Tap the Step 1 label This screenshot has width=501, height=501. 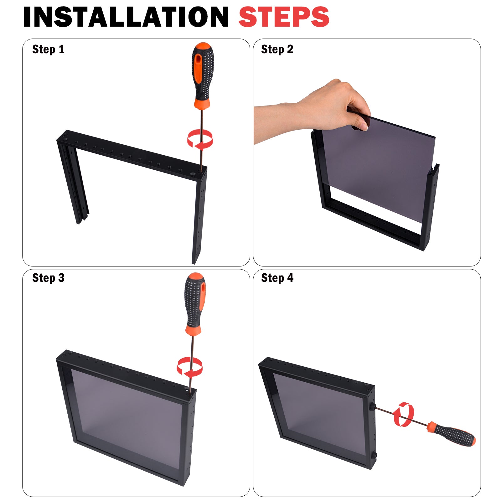coord(48,49)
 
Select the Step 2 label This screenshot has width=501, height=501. coord(277,49)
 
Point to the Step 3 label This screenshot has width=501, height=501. coord(48,278)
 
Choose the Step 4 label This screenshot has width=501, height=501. coord(277,278)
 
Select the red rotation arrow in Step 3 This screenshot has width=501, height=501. coord(189,367)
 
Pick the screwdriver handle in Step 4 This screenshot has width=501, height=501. coord(452,433)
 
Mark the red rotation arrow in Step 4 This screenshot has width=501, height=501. coord(404,415)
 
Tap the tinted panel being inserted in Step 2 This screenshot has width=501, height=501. coord(379,166)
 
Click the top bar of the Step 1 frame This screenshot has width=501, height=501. coord(132,155)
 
